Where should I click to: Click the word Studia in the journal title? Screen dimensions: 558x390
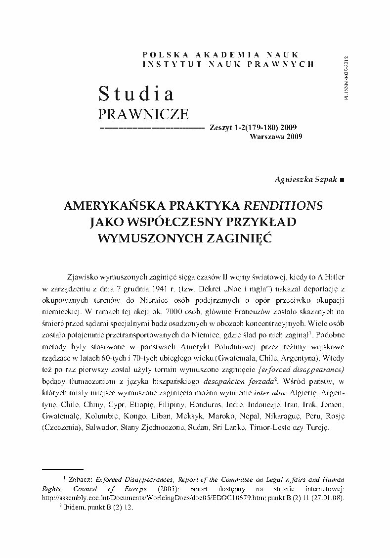tap(136, 93)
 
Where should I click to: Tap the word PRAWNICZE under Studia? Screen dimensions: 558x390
tap(143, 114)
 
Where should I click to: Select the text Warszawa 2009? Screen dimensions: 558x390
tap(276, 136)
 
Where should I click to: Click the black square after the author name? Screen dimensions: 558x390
tap(343, 181)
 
